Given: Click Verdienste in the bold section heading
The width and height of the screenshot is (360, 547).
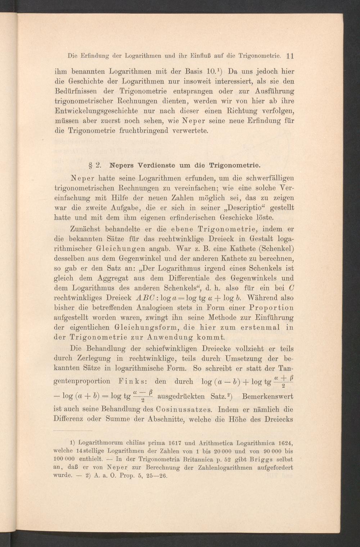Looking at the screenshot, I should [151, 166].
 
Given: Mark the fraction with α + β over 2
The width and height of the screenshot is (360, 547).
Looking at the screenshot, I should [283, 380].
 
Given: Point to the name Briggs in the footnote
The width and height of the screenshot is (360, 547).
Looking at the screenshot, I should [258, 459].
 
